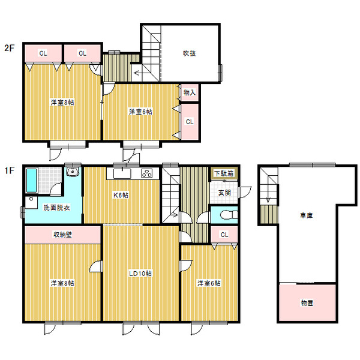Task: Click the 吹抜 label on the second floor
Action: pos(189,53)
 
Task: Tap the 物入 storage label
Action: pos(190,92)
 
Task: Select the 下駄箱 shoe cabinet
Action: pos(224,173)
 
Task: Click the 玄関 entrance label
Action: pos(224,193)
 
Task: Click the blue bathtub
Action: pos(32,181)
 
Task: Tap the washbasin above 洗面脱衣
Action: pos(73,172)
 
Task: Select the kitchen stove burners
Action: pos(147,173)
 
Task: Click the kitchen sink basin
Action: pos(122,174)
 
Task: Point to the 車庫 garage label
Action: pos(306,215)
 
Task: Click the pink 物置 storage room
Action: pos(307,303)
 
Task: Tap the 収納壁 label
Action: pos(62,235)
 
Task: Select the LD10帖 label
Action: pos(140,274)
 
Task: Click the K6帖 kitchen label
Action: pos(121,195)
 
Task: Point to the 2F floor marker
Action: pos(10,48)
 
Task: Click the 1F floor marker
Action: pos(10,170)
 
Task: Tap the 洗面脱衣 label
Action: pos(56,208)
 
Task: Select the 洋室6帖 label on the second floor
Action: pos(140,112)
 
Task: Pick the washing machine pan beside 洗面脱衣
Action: pos(31,202)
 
